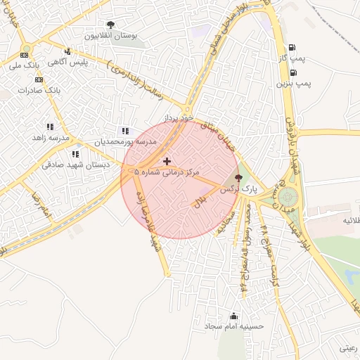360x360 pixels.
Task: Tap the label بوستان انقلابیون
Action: (110, 34)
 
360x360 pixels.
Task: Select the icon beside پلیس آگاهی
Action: (67, 51)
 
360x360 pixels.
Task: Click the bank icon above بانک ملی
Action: (25, 55)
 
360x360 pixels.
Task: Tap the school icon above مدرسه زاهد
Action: (50, 127)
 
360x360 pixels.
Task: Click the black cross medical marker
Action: (167, 162)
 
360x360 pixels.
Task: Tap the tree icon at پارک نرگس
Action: (238, 179)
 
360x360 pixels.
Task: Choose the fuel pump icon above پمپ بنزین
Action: (292, 72)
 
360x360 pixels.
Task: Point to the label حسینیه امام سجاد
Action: (233, 326)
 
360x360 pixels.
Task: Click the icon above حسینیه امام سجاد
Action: (233, 316)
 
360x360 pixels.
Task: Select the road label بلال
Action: (199, 201)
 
